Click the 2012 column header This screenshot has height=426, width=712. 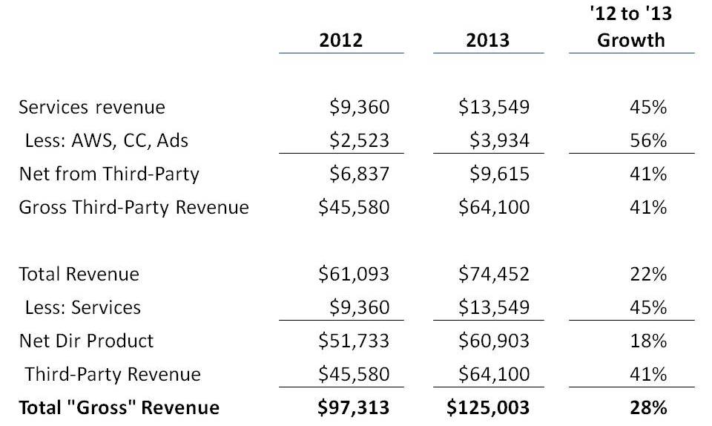(x=341, y=39)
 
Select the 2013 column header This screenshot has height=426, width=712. (x=488, y=39)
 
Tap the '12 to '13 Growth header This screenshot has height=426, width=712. (x=631, y=27)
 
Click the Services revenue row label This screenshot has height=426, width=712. (x=92, y=107)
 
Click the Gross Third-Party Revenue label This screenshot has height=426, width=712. (x=133, y=207)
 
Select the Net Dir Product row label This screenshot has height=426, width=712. (x=86, y=341)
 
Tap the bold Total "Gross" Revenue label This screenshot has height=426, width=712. (x=119, y=407)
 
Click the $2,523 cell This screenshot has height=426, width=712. (x=359, y=140)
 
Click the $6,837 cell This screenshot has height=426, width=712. (x=359, y=174)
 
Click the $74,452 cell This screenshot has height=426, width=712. (x=495, y=274)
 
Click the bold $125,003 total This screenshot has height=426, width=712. (x=489, y=407)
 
